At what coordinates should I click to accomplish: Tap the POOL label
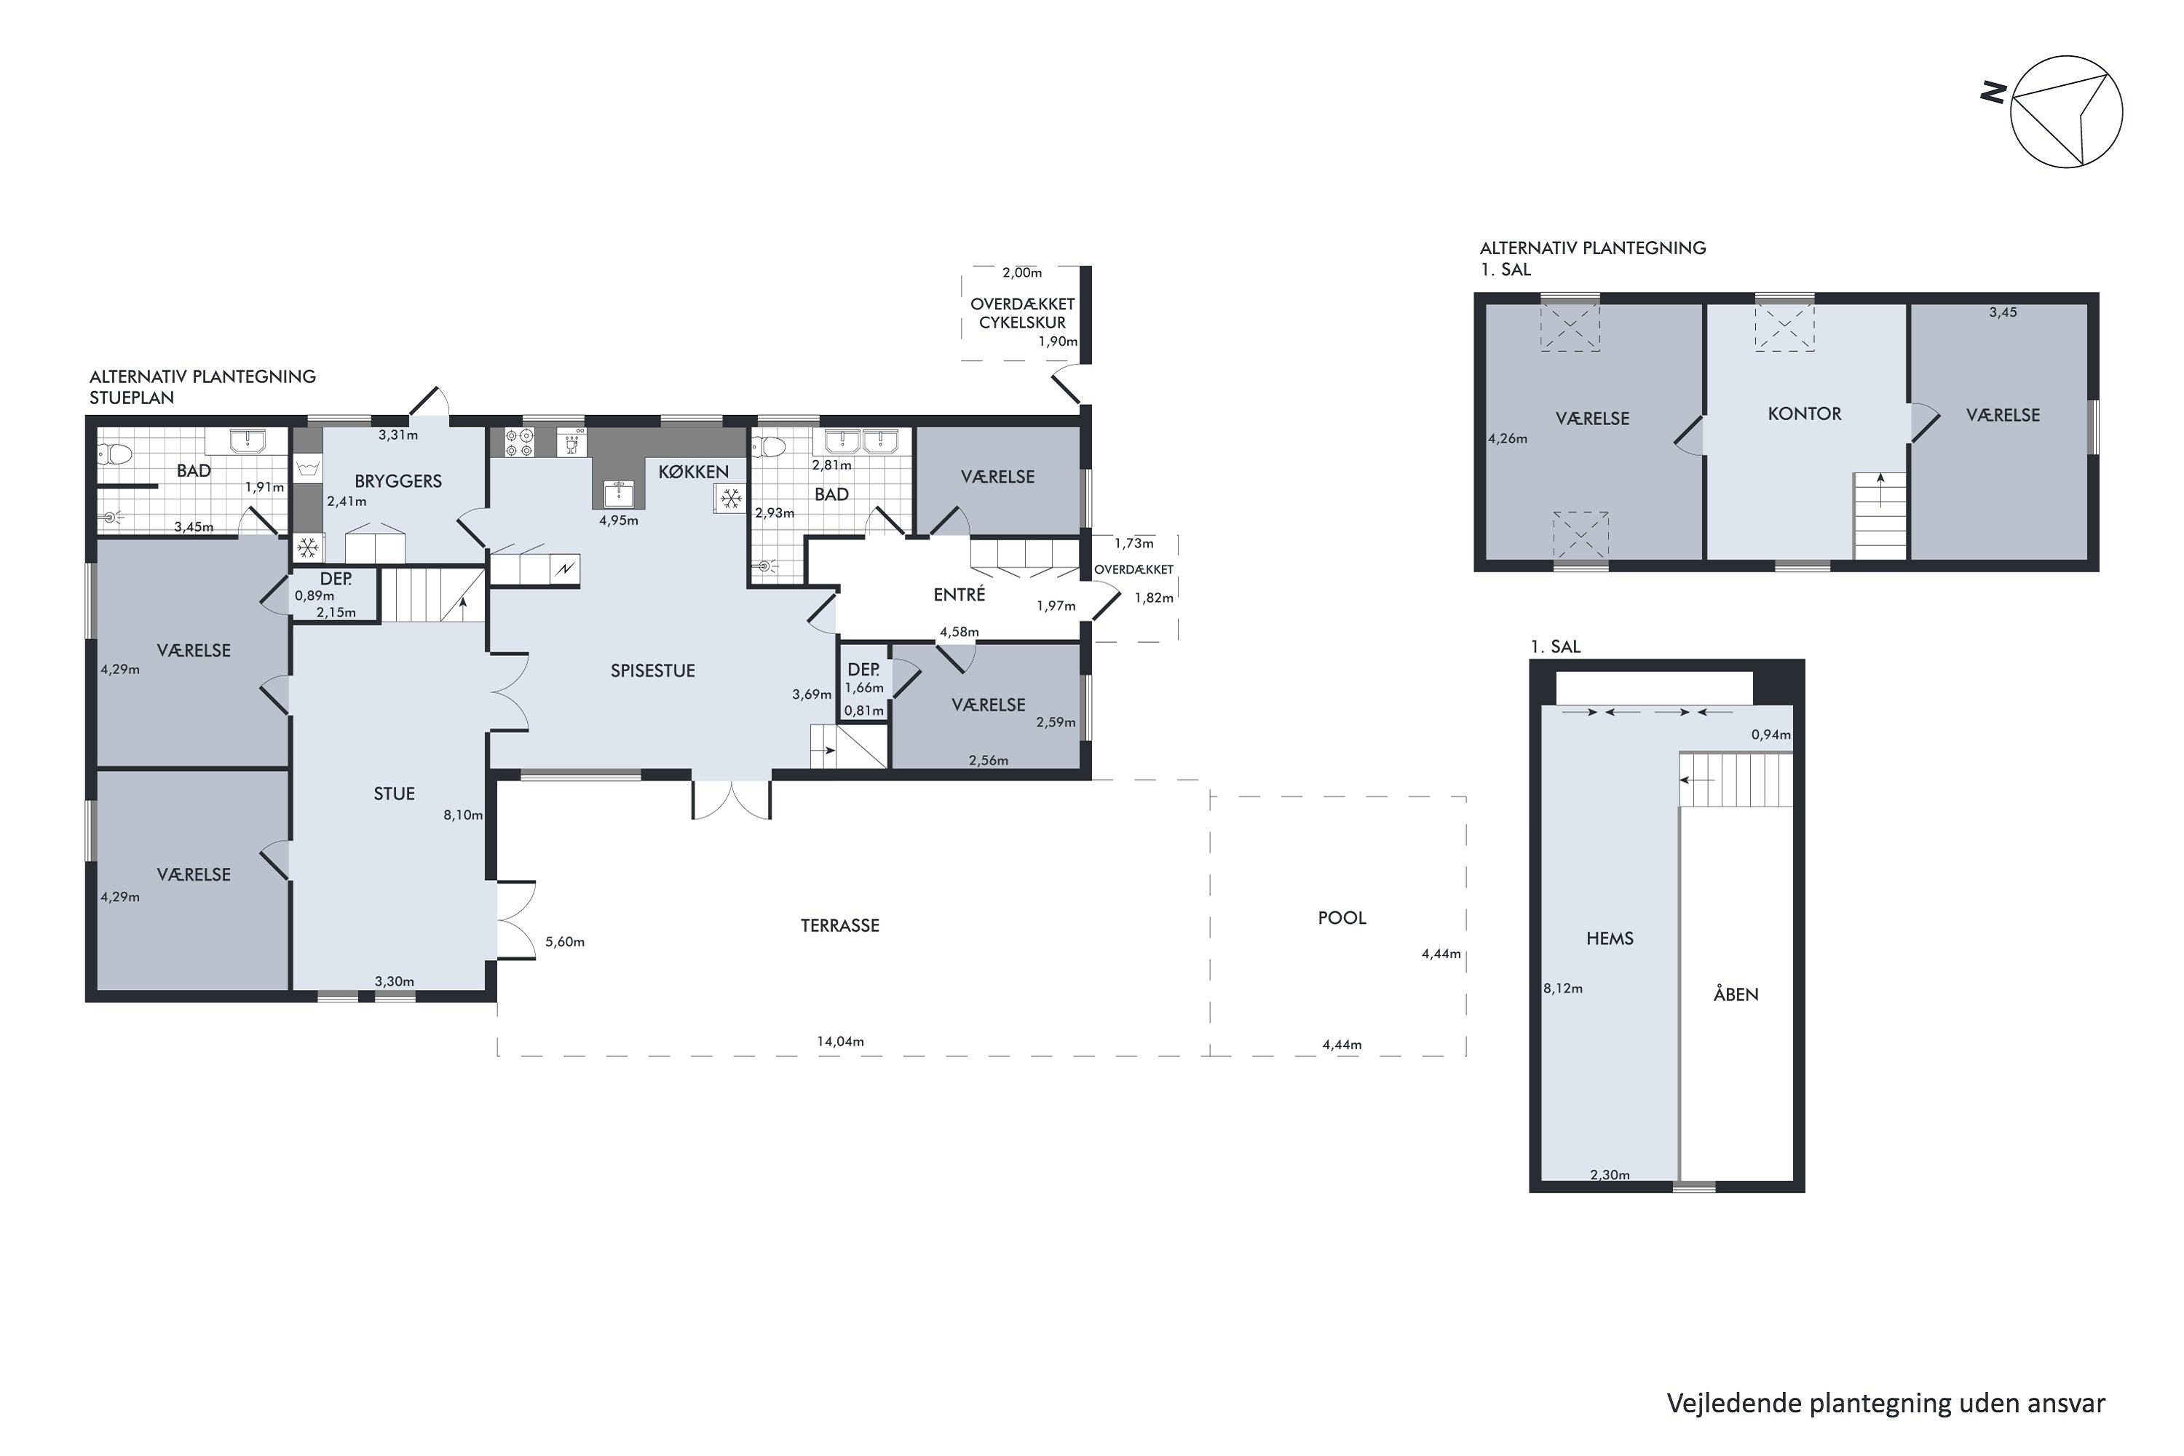coord(1342,918)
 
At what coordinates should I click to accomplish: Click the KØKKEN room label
coord(694,472)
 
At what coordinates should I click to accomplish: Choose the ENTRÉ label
coord(960,594)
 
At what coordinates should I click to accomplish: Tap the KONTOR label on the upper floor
coord(1804,414)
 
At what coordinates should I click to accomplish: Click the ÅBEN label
coord(1736,994)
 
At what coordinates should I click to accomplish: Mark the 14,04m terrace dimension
coord(840,1042)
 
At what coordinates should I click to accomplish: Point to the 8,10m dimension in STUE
coord(463,815)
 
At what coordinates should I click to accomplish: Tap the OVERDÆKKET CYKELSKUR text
coord(1022,314)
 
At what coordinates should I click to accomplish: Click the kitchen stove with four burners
coord(519,442)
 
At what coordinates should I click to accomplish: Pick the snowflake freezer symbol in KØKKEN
coord(731,499)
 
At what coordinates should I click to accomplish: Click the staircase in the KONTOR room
coord(1880,516)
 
